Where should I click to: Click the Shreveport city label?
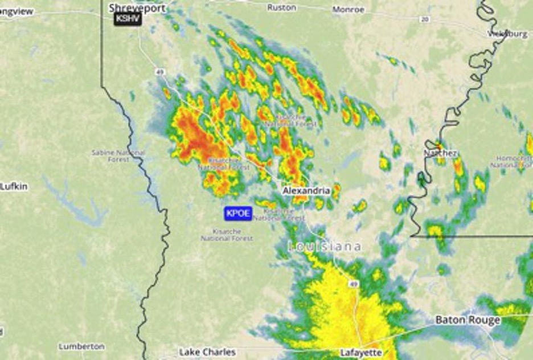(x=137, y=8)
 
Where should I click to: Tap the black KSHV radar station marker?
(x=128, y=19)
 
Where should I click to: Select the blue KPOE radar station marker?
(x=238, y=214)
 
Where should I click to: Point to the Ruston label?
(x=281, y=8)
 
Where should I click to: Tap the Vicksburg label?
(x=508, y=34)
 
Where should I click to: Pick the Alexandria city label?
(x=306, y=190)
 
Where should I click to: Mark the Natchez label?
(x=440, y=154)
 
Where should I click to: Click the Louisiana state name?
(x=325, y=247)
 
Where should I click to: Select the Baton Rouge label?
(x=468, y=320)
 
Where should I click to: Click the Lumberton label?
(x=81, y=346)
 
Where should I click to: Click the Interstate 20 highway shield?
(x=424, y=19)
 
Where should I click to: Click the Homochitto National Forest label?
(x=512, y=162)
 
